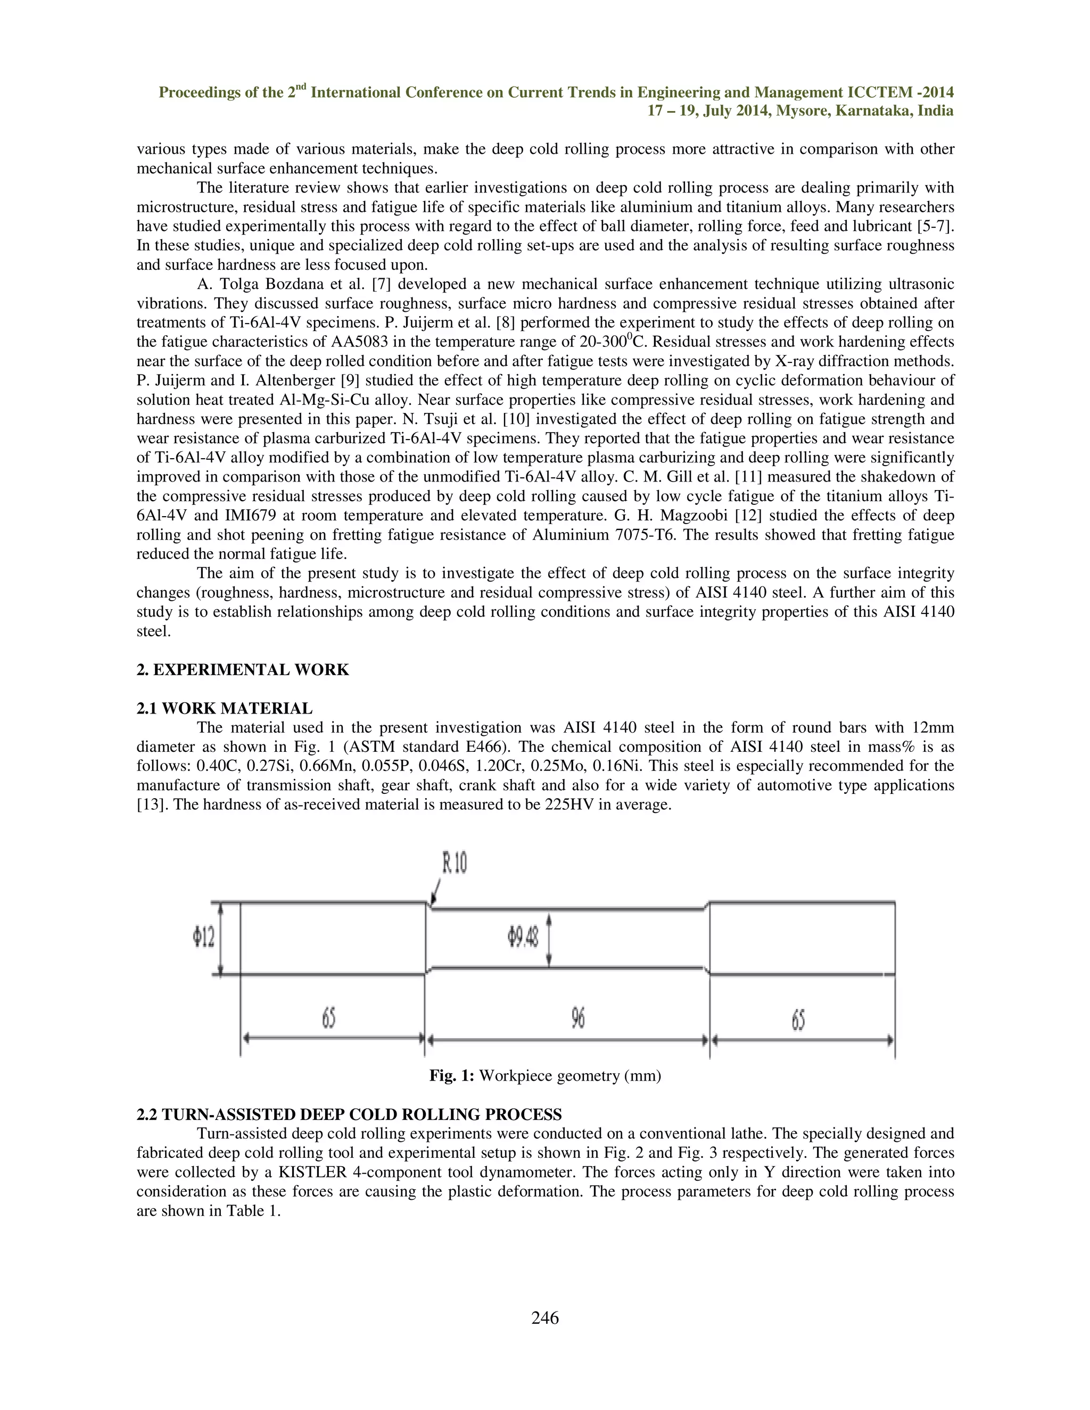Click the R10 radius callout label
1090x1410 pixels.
(454, 863)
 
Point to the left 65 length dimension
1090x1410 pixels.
(329, 1019)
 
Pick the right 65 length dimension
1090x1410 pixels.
(798, 1020)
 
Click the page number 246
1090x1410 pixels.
(545, 1317)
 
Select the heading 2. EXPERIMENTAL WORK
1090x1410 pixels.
(243, 669)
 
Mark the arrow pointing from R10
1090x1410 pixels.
(435, 893)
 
